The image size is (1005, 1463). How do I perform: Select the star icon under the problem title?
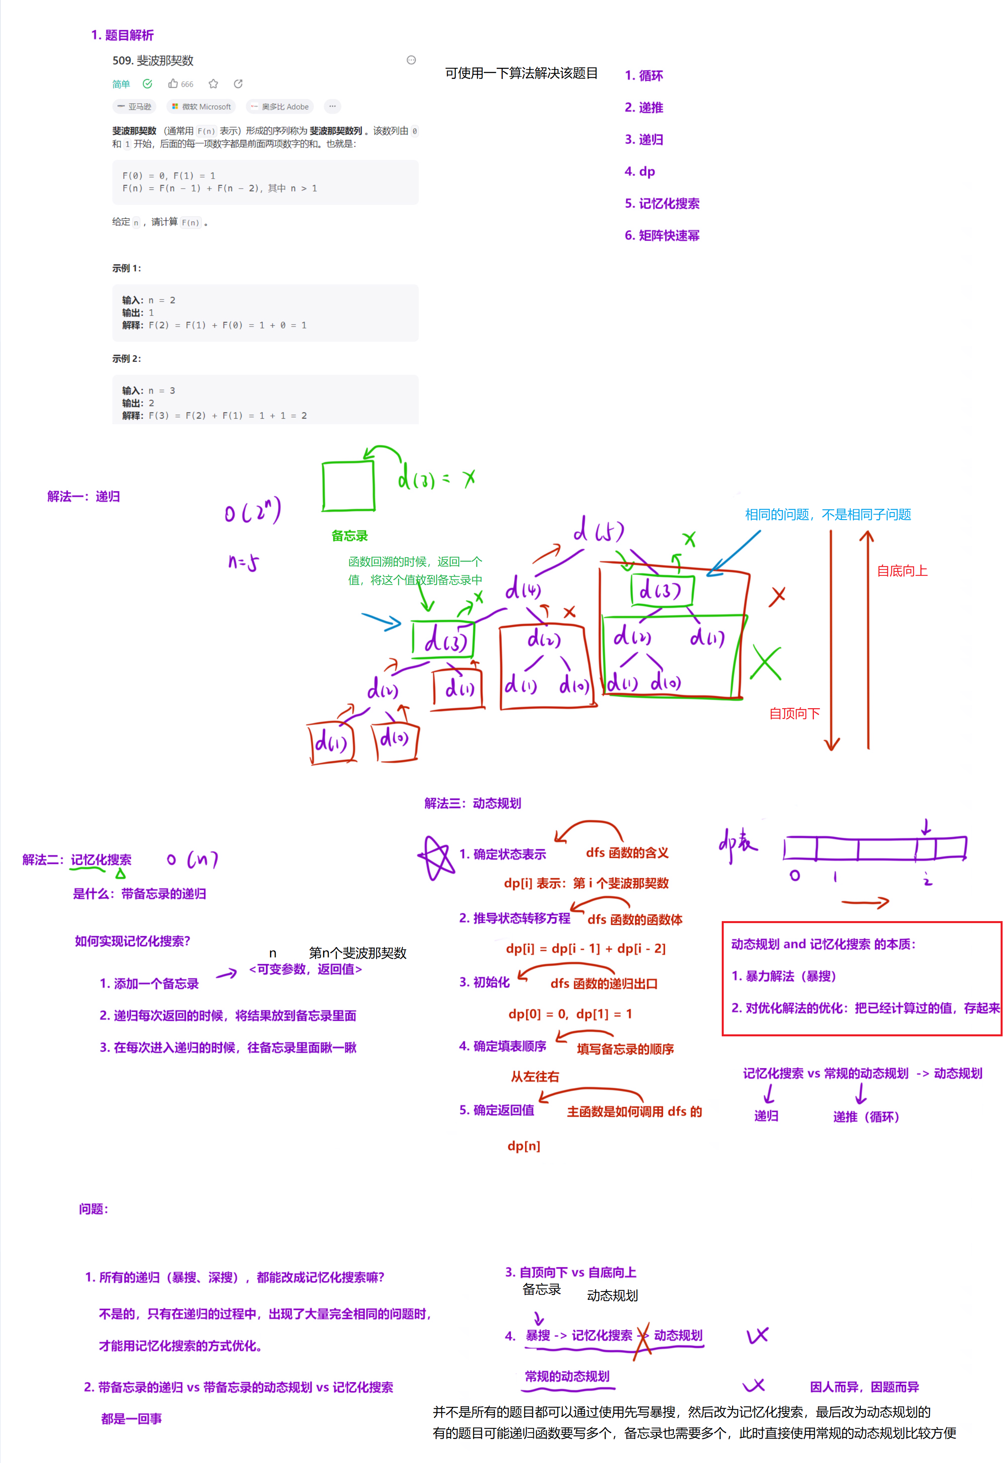point(213,84)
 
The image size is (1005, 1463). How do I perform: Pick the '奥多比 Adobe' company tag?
point(280,107)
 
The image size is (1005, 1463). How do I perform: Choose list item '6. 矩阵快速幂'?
point(662,235)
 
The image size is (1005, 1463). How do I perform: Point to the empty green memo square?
point(348,486)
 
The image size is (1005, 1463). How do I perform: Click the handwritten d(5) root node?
point(598,531)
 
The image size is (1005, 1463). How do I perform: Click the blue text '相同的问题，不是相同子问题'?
point(828,514)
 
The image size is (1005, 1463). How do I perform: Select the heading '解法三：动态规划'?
point(472,803)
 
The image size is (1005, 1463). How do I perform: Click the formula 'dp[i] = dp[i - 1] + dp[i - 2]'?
point(586,949)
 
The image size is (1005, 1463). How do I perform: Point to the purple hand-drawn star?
point(436,857)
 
